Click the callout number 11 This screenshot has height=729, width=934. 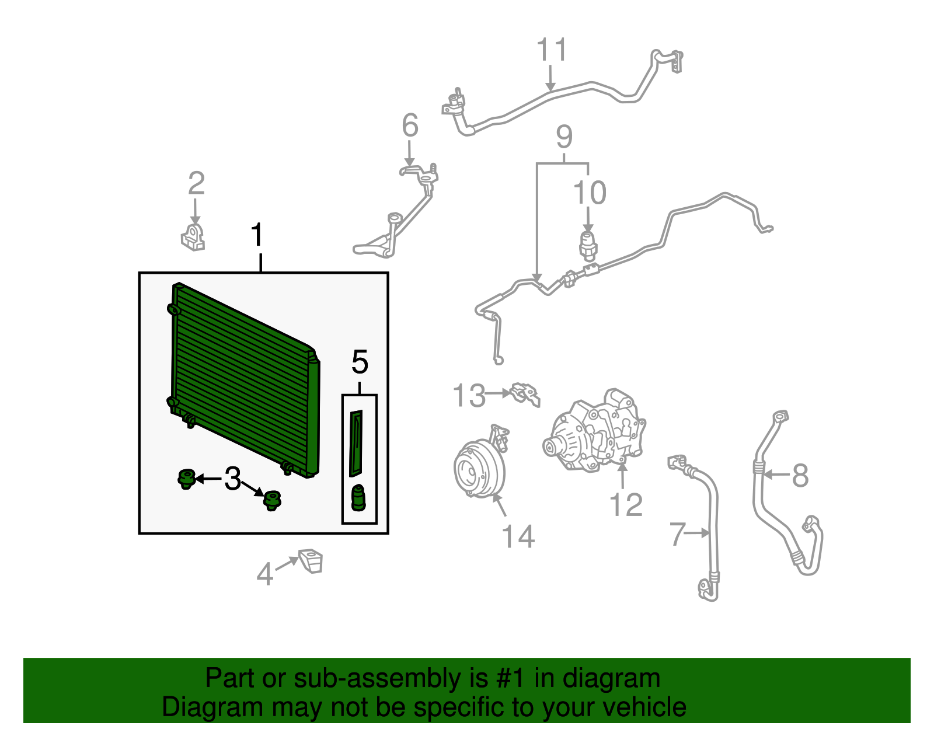pyautogui.click(x=552, y=50)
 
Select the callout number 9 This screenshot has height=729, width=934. pyautogui.click(x=564, y=137)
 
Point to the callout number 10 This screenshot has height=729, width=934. pyautogui.click(x=590, y=193)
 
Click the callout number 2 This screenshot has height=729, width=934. pyautogui.click(x=196, y=183)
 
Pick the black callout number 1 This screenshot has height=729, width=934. pyautogui.click(x=257, y=235)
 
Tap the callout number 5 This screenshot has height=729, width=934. pyautogui.click(x=360, y=362)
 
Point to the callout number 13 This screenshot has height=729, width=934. pyautogui.click(x=469, y=395)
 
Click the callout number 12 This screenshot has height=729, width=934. pyautogui.click(x=626, y=505)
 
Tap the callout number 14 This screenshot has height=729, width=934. pyautogui.click(x=518, y=536)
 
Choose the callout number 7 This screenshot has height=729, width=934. pyautogui.click(x=677, y=533)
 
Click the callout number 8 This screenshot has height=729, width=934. pyautogui.click(x=800, y=475)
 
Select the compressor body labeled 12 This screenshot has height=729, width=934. pyautogui.click(x=594, y=431)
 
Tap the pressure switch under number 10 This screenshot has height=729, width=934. pyautogui.click(x=588, y=246)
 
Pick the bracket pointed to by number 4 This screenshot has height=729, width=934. pyautogui.click(x=311, y=560)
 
